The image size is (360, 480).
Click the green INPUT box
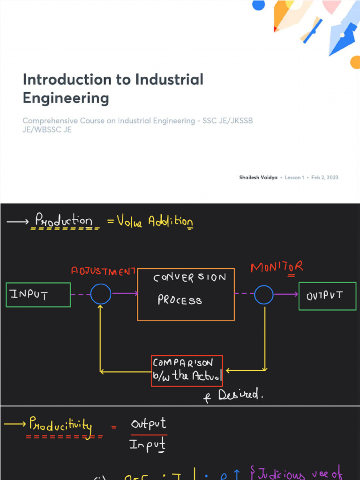coord(38,295)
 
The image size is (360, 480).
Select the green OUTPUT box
coord(327,296)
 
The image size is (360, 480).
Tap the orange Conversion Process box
coord(186,295)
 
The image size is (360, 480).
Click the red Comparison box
coord(187,371)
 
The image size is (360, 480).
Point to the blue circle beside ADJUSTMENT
coord(101,294)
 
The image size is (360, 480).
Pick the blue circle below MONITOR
coord(264,294)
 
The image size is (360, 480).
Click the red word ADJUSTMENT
coord(103,271)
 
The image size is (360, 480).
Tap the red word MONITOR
coord(277,267)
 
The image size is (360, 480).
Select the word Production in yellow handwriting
coord(64,220)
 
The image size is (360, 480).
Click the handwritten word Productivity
coord(60,425)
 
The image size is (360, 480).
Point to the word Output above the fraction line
coord(148,424)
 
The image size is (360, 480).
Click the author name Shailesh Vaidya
coord(258,178)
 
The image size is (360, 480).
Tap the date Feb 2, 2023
coord(325,178)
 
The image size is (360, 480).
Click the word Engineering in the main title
coord(66,98)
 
